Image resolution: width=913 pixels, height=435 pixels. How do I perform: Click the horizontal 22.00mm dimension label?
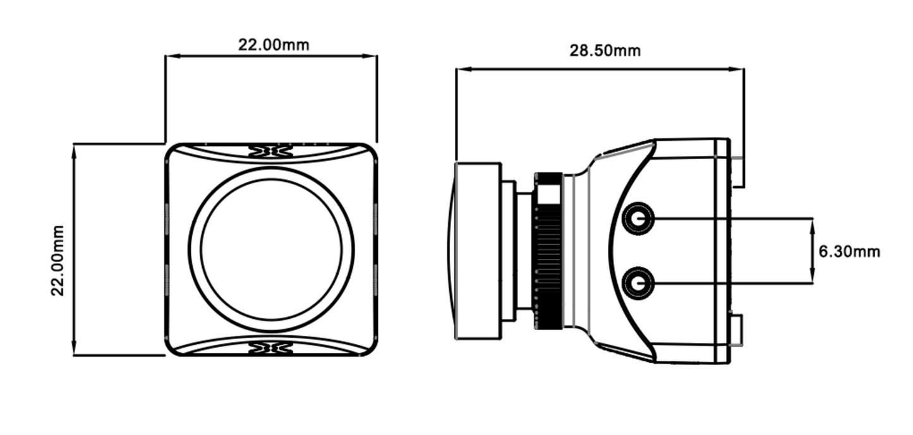tap(273, 45)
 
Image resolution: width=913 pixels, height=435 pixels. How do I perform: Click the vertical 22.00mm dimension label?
tap(58, 259)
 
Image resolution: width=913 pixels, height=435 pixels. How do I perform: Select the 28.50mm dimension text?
tap(605, 51)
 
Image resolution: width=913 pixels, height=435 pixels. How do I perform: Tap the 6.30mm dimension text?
tap(849, 252)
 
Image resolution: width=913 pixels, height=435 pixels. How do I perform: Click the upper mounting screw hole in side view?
tap(638, 219)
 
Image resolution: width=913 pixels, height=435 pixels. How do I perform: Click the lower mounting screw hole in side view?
tap(638, 283)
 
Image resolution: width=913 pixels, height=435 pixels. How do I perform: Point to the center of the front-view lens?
tap(271, 249)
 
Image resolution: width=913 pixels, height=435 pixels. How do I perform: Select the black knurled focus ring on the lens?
tap(549, 251)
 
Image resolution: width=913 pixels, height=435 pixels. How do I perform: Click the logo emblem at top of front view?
tap(270, 151)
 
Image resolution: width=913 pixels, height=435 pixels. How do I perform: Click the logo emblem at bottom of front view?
tap(270, 348)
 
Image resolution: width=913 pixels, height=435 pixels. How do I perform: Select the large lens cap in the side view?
tap(477, 251)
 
